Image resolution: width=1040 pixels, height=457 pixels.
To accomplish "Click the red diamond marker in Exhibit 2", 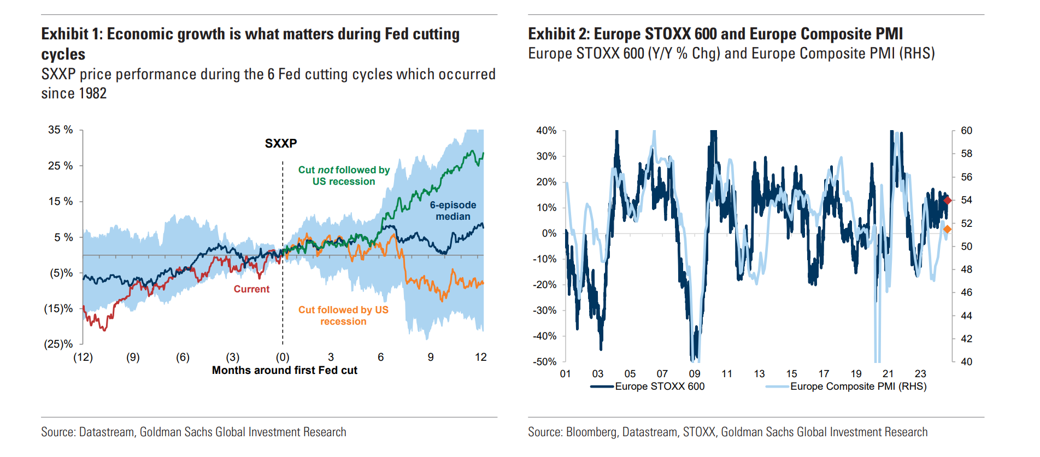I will tap(948, 201).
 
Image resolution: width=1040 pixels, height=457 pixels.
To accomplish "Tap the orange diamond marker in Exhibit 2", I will tap(948, 230).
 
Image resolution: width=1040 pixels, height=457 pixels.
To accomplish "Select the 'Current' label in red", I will tap(251, 289).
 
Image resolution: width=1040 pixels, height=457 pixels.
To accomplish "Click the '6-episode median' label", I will tap(453, 210).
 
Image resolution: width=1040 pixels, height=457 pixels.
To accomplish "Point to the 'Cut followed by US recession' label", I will tap(343, 315).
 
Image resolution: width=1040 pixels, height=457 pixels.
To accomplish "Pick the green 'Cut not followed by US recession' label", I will tap(344, 175).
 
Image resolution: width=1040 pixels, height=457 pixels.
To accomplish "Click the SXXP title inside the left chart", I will tap(281, 143).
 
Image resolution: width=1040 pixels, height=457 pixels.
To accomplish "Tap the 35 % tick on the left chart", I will tap(60, 130).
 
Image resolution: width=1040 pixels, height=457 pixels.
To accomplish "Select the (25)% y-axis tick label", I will tap(58, 344).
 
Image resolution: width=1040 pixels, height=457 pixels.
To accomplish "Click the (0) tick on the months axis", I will tap(283, 357).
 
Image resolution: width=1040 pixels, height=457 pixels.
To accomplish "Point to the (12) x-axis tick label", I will tap(83, 357).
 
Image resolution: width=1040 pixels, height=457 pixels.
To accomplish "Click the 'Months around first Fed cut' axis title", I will tap(284, 370).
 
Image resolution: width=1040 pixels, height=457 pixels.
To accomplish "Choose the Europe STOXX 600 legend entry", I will tap(659, 386).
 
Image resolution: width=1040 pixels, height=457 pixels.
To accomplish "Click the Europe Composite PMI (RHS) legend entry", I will tap(858, 386).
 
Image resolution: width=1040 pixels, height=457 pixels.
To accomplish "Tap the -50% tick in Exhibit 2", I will tap(544, 361).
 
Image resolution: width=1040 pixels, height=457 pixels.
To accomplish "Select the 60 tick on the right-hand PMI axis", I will tap(966, 131).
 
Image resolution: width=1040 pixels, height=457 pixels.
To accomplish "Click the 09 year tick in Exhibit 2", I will tap(694, 373).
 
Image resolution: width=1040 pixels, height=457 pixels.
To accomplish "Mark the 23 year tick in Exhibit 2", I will tap(920, 373).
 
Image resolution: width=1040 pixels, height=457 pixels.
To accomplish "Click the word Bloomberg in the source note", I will tap(591, 432).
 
